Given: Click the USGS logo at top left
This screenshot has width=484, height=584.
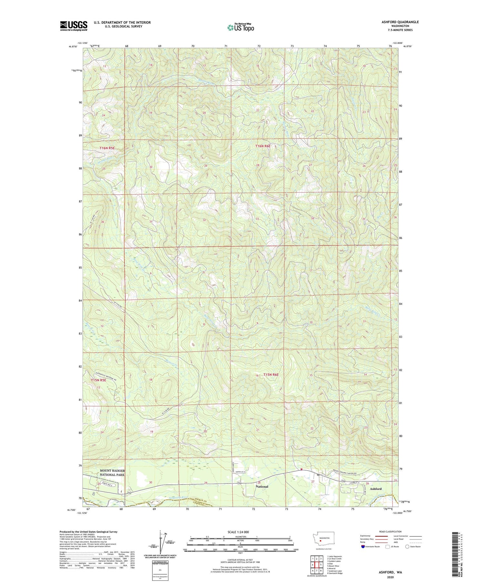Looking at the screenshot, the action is [74, 26].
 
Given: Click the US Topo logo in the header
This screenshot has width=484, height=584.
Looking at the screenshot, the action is [240, 28].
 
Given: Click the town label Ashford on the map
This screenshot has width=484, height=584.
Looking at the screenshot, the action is [376, 489].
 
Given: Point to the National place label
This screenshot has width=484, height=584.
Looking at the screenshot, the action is [262, 486].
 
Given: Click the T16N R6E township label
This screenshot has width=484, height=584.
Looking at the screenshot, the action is [263, 146].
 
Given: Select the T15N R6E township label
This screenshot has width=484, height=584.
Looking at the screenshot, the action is [271, 375].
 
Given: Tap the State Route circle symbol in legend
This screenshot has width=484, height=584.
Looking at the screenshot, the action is [407, 546].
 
